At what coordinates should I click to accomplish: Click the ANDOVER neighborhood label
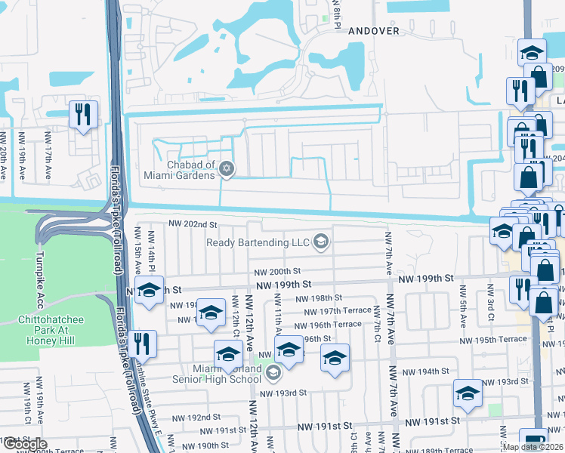click(x=373, y=31)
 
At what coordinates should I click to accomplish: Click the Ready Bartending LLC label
click(x=259, y=242)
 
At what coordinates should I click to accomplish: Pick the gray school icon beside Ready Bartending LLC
click(x=320, y=242)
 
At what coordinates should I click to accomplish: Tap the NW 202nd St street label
click(x=193, y=224)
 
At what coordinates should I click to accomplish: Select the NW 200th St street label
click(x=277, y=272)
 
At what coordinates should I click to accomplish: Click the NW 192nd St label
click(x=193, y=418)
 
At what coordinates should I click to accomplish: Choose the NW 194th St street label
click(x=426, y=372)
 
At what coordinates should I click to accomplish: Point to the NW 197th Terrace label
click(x=338, y=311)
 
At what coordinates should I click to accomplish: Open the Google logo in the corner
click(x=25, y=444)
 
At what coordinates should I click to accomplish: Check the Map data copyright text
click(x=532, y=447)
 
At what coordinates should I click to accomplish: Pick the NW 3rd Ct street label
click(x=491, y=298)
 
